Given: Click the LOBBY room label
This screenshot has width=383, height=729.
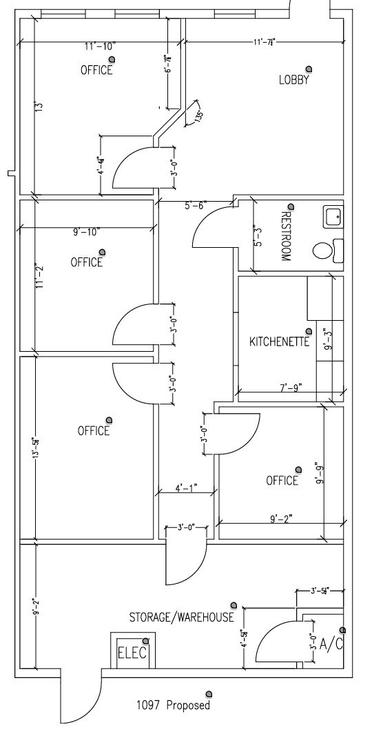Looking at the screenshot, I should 293,80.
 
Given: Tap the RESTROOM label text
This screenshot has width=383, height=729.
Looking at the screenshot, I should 285,237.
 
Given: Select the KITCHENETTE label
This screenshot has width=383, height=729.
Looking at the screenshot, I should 279,341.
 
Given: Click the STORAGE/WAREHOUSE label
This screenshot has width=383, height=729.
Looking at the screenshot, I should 182,617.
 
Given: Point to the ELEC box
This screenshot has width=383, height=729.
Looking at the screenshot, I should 132,652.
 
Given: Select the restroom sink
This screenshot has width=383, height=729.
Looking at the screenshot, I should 332,217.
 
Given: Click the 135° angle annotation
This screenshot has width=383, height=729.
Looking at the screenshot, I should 198,116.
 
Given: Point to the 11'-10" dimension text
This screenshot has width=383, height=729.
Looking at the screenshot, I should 101,46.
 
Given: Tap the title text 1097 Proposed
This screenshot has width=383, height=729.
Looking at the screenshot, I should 172,706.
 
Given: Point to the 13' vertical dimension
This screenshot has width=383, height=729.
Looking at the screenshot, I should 40,107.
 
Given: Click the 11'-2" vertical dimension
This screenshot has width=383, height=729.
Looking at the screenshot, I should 40,274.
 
